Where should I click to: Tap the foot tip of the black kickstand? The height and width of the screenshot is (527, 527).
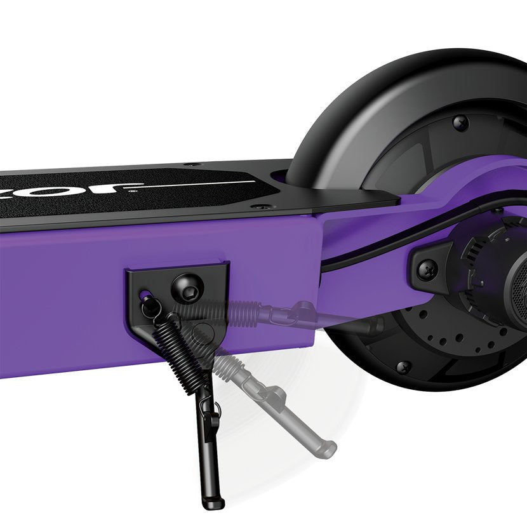coord(213,504)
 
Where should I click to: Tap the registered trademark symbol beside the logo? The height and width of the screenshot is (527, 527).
coord(131,190)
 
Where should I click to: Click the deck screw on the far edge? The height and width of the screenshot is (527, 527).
coord(194,166)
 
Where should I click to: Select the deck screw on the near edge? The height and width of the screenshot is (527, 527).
coord(255,206)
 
